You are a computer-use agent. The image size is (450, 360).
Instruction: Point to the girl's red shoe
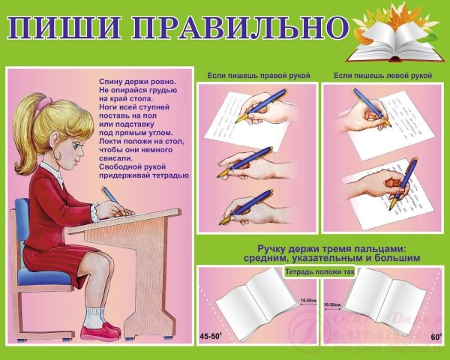[x=105, y=329]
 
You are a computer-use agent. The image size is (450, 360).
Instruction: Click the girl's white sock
[x=94, y=315]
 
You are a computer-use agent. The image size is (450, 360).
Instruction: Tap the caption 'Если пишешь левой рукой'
[x=383, y=76]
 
